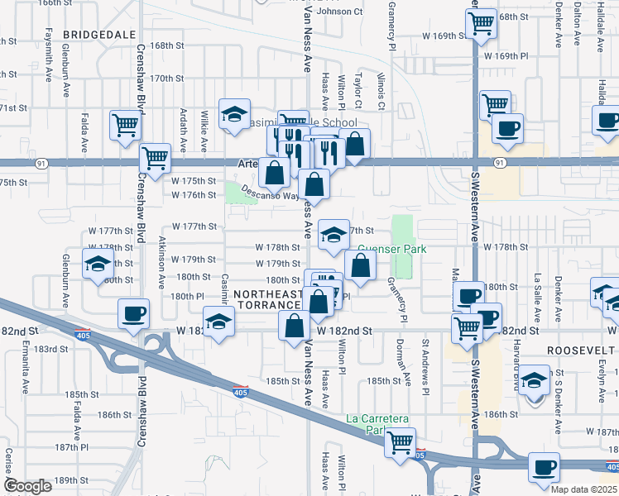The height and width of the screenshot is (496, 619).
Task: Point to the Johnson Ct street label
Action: [339, 12]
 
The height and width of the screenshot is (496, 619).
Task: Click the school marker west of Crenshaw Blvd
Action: [98, 265]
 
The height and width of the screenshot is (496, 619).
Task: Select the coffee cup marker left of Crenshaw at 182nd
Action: [134, 313]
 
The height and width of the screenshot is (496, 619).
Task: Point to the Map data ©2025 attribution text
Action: [583, 489]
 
